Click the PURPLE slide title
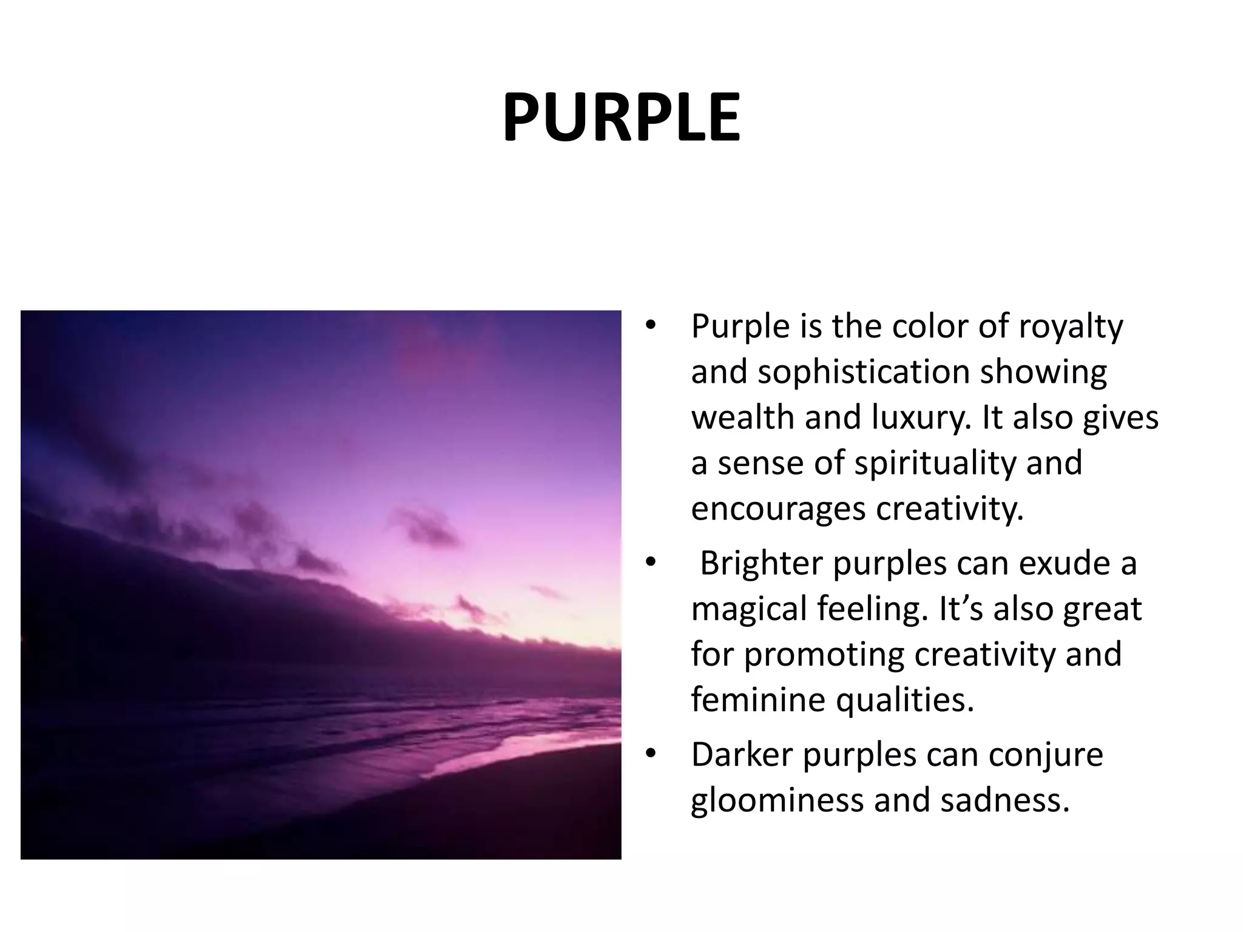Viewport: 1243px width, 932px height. click(621, 118)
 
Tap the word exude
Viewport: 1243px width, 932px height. click(1053, 563)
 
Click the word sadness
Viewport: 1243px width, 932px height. click(1004, 800)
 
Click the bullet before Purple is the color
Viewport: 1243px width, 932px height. click(651, 326)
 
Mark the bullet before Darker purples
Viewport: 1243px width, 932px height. click(651, 754)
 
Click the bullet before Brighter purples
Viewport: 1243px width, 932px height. click(651, 563)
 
